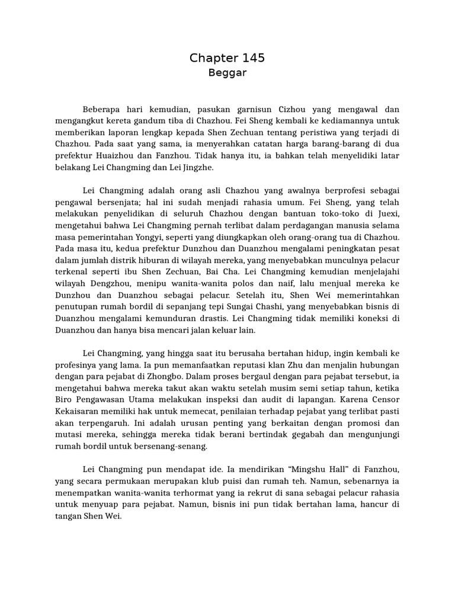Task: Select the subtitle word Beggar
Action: click(x=227, y=73)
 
